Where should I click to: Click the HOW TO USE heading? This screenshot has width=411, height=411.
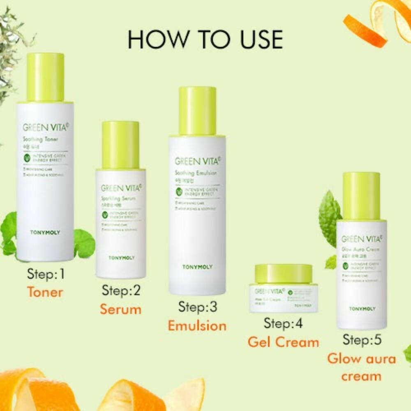[x=205, y=39]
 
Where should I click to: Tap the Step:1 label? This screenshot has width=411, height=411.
[x=46, y=274]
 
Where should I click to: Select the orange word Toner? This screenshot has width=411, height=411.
[x=45, y=292]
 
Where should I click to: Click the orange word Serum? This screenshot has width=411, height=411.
[x=120, y=309]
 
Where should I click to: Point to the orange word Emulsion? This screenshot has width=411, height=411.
[x=197, y=326]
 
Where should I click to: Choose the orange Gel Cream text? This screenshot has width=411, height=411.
[x=283, y=342]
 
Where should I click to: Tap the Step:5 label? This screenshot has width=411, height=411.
[x=361, y=340]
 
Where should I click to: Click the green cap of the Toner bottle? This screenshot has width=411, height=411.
[x=46, y=77]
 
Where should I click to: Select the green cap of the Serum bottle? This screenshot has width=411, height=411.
[x=120, y=145]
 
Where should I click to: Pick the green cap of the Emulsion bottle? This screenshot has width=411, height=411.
[x=197, y=111]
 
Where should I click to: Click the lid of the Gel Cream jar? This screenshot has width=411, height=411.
[x=283, y=274]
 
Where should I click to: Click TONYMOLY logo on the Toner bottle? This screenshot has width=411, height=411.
[x=45, y=233]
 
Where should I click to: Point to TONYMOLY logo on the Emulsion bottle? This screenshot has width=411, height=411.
[x=198, y=267]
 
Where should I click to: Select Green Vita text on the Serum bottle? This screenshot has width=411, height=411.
[x=121, y=188]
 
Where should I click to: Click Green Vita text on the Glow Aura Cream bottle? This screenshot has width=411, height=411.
[x=362, y=239]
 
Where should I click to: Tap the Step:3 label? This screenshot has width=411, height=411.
[x=197, y=307]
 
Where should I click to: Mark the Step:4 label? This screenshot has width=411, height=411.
[x=283, y=323]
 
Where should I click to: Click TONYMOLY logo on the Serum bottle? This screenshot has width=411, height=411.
[x=121, y=258]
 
